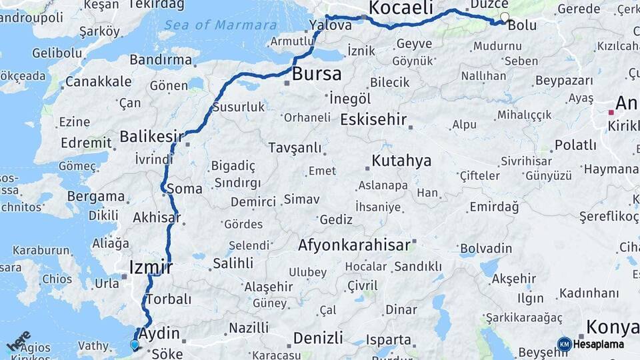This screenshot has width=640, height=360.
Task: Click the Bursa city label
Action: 317,73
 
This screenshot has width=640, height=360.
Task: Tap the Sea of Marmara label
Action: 221,25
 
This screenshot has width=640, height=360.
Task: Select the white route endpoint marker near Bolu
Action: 505,17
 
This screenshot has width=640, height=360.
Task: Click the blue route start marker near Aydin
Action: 135,345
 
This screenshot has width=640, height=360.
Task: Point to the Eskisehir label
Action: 373,120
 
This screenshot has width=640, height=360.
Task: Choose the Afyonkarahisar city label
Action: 354,245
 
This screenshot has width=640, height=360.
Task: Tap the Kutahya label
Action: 401,161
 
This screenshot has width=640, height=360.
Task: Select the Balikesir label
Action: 151,137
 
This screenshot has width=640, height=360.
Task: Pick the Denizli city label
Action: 318,337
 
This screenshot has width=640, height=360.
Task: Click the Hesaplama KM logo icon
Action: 565,344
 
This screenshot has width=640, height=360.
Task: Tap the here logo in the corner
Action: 18,341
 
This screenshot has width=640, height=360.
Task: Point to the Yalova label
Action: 331,25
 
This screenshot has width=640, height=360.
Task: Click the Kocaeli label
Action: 401,8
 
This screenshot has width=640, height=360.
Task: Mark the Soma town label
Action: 184,189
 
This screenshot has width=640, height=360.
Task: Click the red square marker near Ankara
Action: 611,113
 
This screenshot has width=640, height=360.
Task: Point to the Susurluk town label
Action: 239,107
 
